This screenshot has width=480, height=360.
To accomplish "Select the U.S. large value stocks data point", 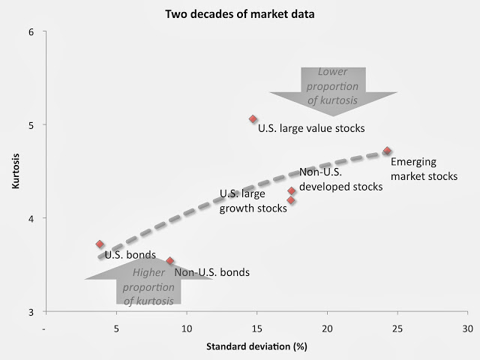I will point(253,119).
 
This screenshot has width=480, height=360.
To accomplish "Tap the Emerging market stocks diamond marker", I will point(387,151).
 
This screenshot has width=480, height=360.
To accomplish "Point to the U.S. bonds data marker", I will point(100,244).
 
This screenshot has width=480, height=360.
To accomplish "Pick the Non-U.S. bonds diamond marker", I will point(170,261).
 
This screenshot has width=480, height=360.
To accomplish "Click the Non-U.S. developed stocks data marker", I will point(292,191).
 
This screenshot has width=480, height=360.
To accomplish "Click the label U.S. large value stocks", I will point(311,128).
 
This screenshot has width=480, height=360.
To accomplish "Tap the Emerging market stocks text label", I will point(424,169).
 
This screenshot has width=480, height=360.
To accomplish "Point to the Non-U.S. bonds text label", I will point(212,272).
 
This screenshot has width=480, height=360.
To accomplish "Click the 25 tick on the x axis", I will point(397,328).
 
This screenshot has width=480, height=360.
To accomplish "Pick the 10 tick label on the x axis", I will point(186,328).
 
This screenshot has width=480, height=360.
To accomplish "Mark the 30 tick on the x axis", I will point(466,328).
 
